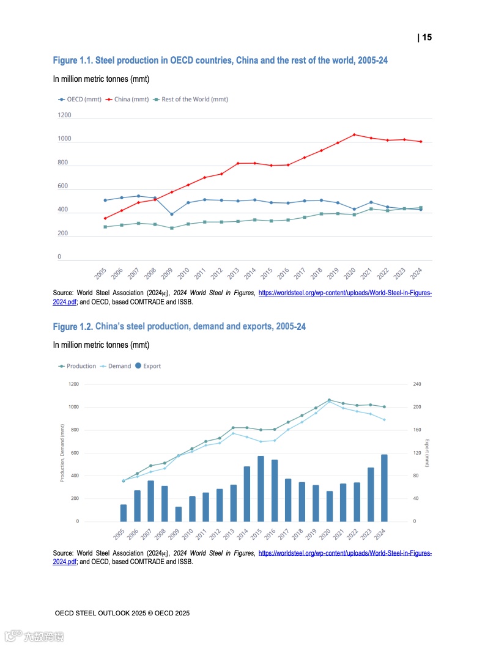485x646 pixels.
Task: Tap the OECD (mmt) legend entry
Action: click(x=80, y=99)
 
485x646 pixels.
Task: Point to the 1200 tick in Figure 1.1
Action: click(x=64, y=115)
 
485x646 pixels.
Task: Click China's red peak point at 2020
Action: click(x=354, y=134)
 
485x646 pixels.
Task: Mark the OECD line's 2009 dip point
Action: click(x=172, y=214)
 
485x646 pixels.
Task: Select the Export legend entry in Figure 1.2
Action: click(x=148, y=366)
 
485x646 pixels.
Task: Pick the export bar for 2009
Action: click(x=179, y=513)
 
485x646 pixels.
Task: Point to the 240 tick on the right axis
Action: click(x=418, y=384)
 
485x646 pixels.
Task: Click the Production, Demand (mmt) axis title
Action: click(x=62, y=453)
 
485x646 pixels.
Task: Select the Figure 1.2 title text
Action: click(x=179, y=327)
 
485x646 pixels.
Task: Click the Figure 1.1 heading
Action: click(x=220, y=61)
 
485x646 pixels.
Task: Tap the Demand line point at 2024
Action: click(x=384, y=419)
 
